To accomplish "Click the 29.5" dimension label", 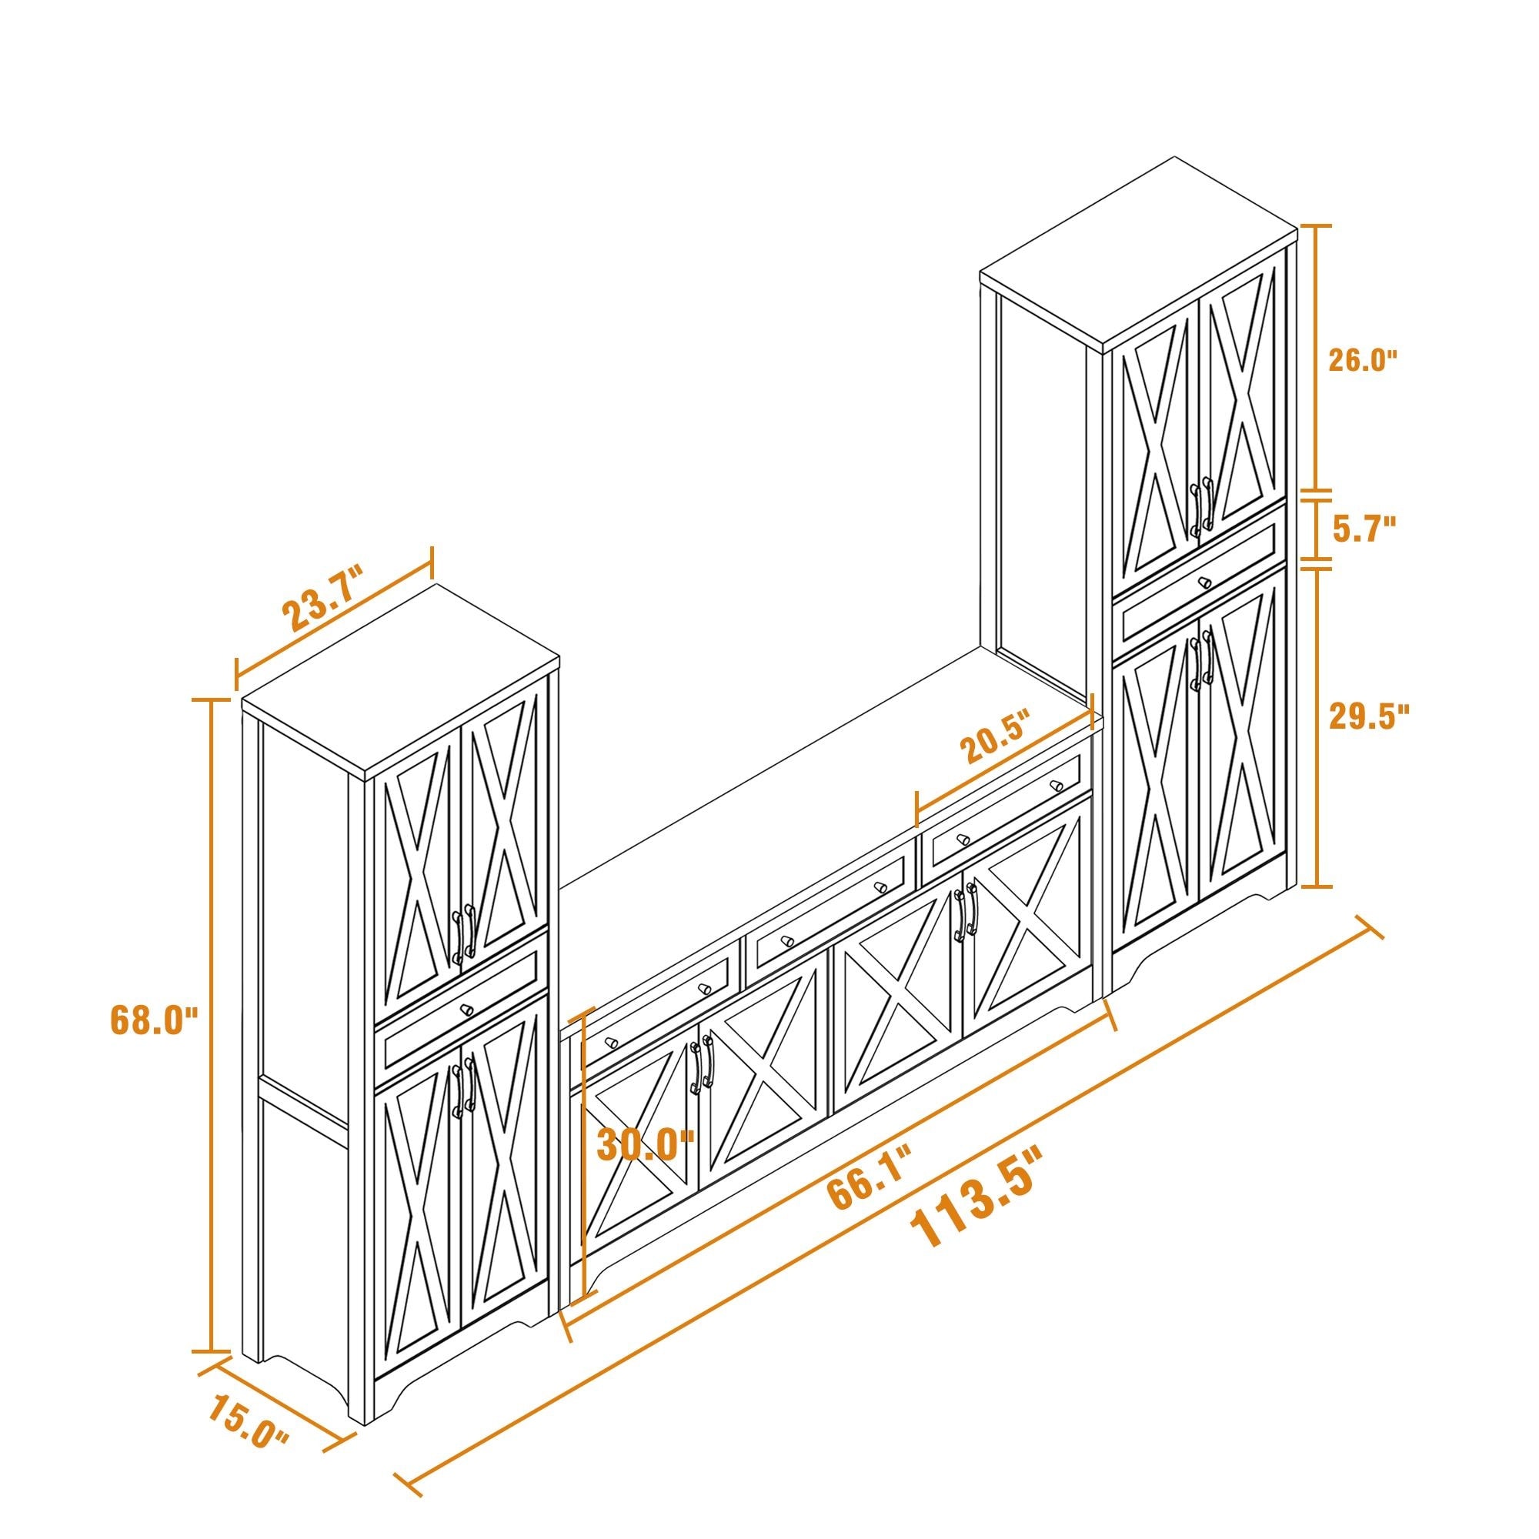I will [x=1370, y=716].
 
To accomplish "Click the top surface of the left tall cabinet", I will [x=399, y=678].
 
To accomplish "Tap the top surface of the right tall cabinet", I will [x=1139, y=251].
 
